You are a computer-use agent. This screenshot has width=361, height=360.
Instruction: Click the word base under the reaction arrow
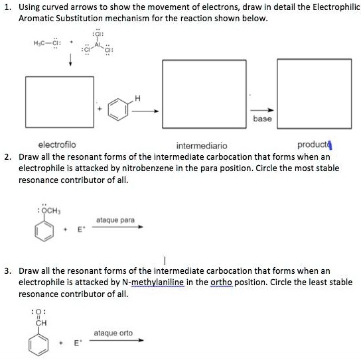[x=262, y=119]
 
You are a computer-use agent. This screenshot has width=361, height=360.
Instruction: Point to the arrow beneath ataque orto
[x=117, y=341]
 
